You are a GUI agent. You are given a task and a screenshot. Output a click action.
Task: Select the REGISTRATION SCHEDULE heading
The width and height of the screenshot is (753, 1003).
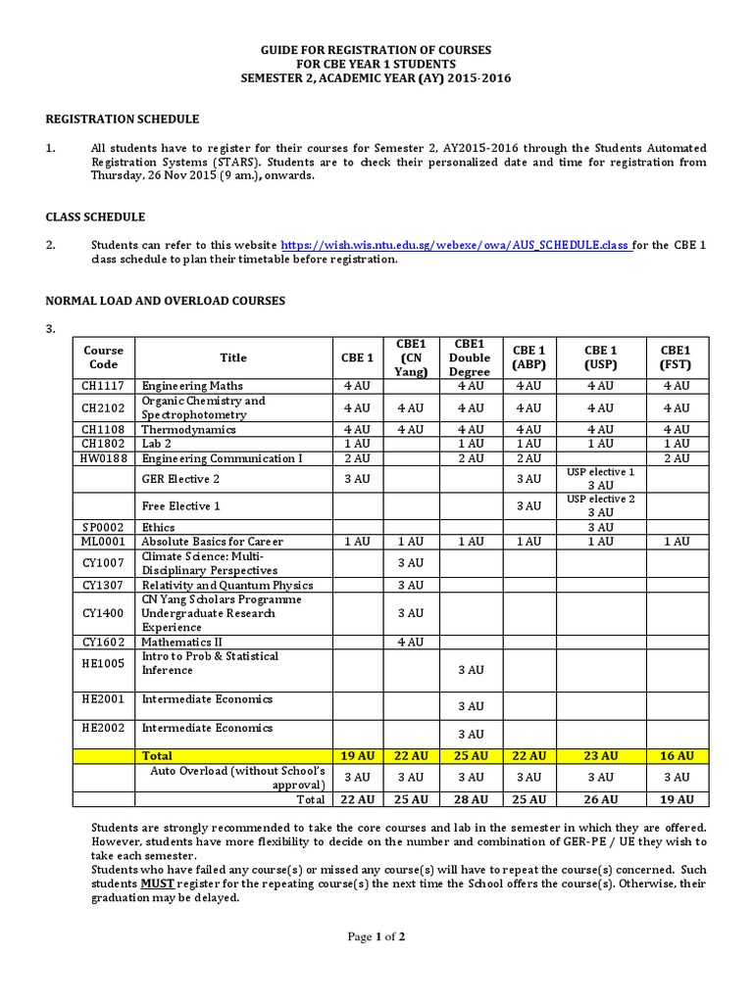coord(123,119)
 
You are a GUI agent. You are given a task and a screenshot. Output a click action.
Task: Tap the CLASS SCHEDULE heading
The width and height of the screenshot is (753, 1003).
coord(96,216)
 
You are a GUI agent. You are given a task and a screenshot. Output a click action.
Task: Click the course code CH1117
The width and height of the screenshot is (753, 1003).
coord(103,386)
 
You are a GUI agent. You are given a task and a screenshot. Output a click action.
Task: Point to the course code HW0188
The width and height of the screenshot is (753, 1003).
coord(104,458)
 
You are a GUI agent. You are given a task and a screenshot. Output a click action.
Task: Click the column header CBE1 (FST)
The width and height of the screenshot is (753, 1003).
coord(676,357)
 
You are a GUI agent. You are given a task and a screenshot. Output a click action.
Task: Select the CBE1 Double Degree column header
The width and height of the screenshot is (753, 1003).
coord(469,358)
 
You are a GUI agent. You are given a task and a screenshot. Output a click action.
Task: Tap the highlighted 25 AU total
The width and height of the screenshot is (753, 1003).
coord(469,756)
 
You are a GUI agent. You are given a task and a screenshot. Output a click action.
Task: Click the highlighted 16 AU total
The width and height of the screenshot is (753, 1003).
coord(676,756)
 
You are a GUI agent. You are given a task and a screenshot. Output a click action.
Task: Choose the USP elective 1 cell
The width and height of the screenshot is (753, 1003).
coord(600,478)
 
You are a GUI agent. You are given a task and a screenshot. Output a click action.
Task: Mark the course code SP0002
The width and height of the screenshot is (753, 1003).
coord(103,526)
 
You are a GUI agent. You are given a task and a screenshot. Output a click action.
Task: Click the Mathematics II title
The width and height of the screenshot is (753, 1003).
coord(182,642)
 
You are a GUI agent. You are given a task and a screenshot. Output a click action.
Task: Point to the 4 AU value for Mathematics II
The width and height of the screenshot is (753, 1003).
coord(410,642)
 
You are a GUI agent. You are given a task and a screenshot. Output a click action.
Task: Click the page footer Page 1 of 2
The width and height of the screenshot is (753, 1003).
coord(376,936)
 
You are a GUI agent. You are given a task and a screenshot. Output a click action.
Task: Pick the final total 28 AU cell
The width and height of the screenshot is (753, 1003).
coord(469,799)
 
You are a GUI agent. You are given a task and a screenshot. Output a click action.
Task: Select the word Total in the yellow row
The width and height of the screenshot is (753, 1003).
coord(157,756)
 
